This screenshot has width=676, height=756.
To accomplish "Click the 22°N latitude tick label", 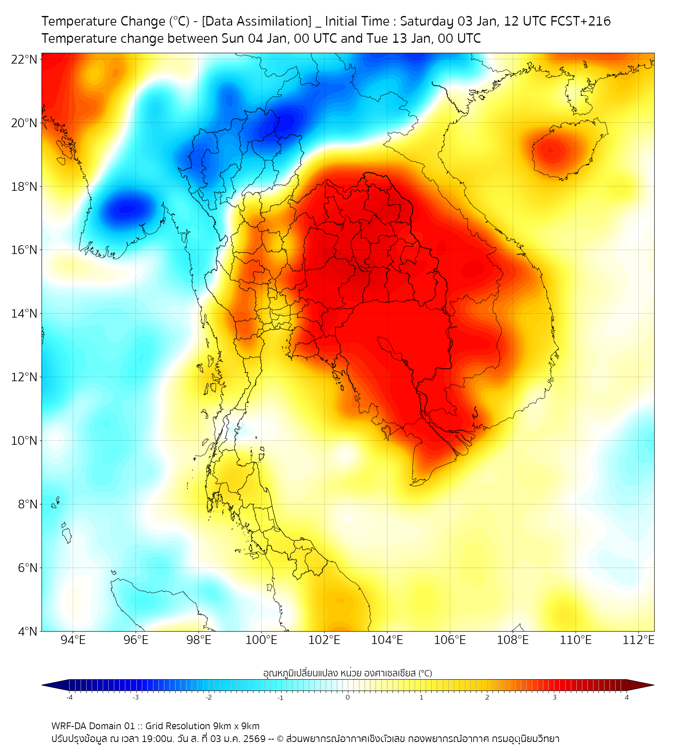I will (x=25, y=59).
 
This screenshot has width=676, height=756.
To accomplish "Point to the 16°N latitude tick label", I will (x=25, y=250).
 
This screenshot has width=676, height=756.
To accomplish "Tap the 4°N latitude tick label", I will (x=28, y=631).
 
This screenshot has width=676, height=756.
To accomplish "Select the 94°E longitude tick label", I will (x=73, y=640).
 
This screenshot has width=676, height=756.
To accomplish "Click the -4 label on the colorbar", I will (x=69, y=696).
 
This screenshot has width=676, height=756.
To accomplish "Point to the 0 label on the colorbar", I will (x=348, y=696).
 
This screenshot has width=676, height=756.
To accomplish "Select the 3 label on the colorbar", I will (x=557, y=696).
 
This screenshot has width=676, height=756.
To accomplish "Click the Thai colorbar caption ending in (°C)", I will (x=348, y=672).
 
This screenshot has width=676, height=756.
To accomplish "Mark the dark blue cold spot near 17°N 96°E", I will (x=127, y=208).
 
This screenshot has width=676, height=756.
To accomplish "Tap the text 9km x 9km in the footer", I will (x=236, y=725).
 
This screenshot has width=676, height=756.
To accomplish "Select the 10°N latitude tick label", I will (x=25, y=441).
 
